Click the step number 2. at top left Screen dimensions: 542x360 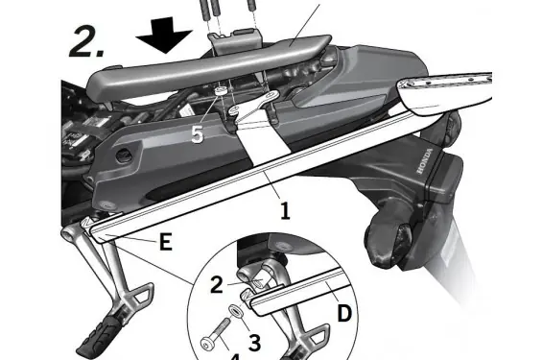pyautogui.click(x=86, y=41)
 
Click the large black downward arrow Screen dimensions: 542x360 pyautogui.click(x=164, y=35)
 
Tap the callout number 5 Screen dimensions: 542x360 pyautogui.click(x=197, y=134)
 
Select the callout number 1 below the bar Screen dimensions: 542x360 pyautogui.click(x=285, y=211)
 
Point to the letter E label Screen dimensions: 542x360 pyautogui.click(x=166, y=241)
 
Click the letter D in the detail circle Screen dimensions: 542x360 pyautogui.click(x=344, y=313)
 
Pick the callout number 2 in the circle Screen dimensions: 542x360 pyautogui.click(x=217, y=285)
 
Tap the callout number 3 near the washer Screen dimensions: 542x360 pyautogui.click(x=255, y=343)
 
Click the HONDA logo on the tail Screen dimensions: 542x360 pyautogui.click(x=425, y=161)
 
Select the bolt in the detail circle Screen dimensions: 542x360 pyautogui.click(x=215, y=335)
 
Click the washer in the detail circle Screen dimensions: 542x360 pyautogui.click(x=234, y=310)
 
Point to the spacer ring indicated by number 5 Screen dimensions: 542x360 pyautogui.click(x=220, y=91)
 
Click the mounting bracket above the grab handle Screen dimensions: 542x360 pyautogui.click(x=234, y=42)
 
